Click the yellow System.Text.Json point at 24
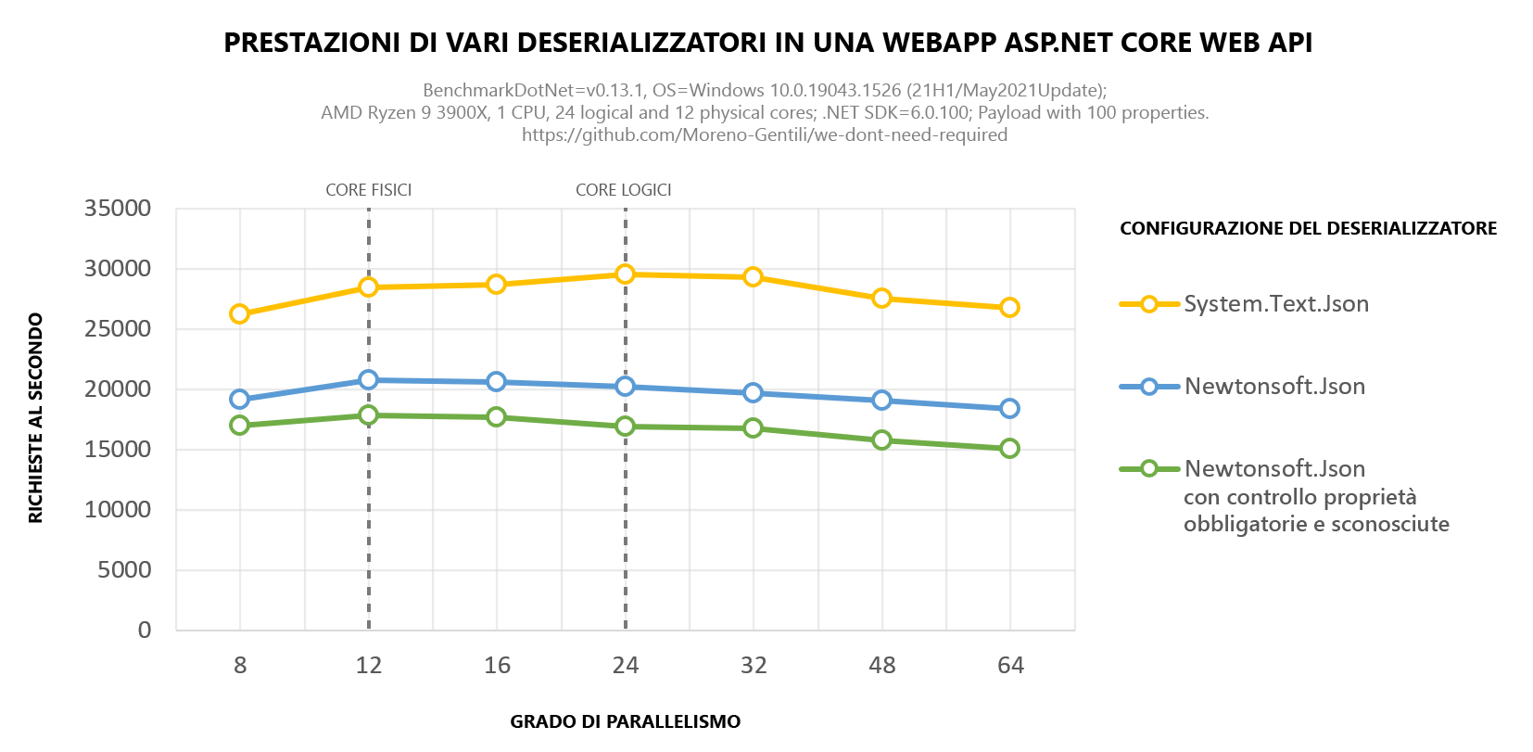coord(625,274)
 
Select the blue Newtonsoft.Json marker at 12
coord(368,380)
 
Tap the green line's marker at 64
coord(1009,449)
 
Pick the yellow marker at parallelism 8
coord(240,314)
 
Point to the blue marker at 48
coord(881,401)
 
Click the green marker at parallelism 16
coord(497,417)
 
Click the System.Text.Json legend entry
coord(1275,304)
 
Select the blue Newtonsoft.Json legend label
coord(1274,387)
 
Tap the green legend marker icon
coord(1148,469)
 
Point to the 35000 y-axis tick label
coord(118,209)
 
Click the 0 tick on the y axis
coord(145,631)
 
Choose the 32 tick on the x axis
coord(754,666)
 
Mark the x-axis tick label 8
coord(240,666)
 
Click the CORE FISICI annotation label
coord(368,190)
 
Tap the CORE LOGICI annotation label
coord(623,190)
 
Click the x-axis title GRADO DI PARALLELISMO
coord(625,722)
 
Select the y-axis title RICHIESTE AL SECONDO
coord(36,418)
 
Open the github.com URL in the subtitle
coord(765,135)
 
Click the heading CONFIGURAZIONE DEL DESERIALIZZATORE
coord(1308,229)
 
